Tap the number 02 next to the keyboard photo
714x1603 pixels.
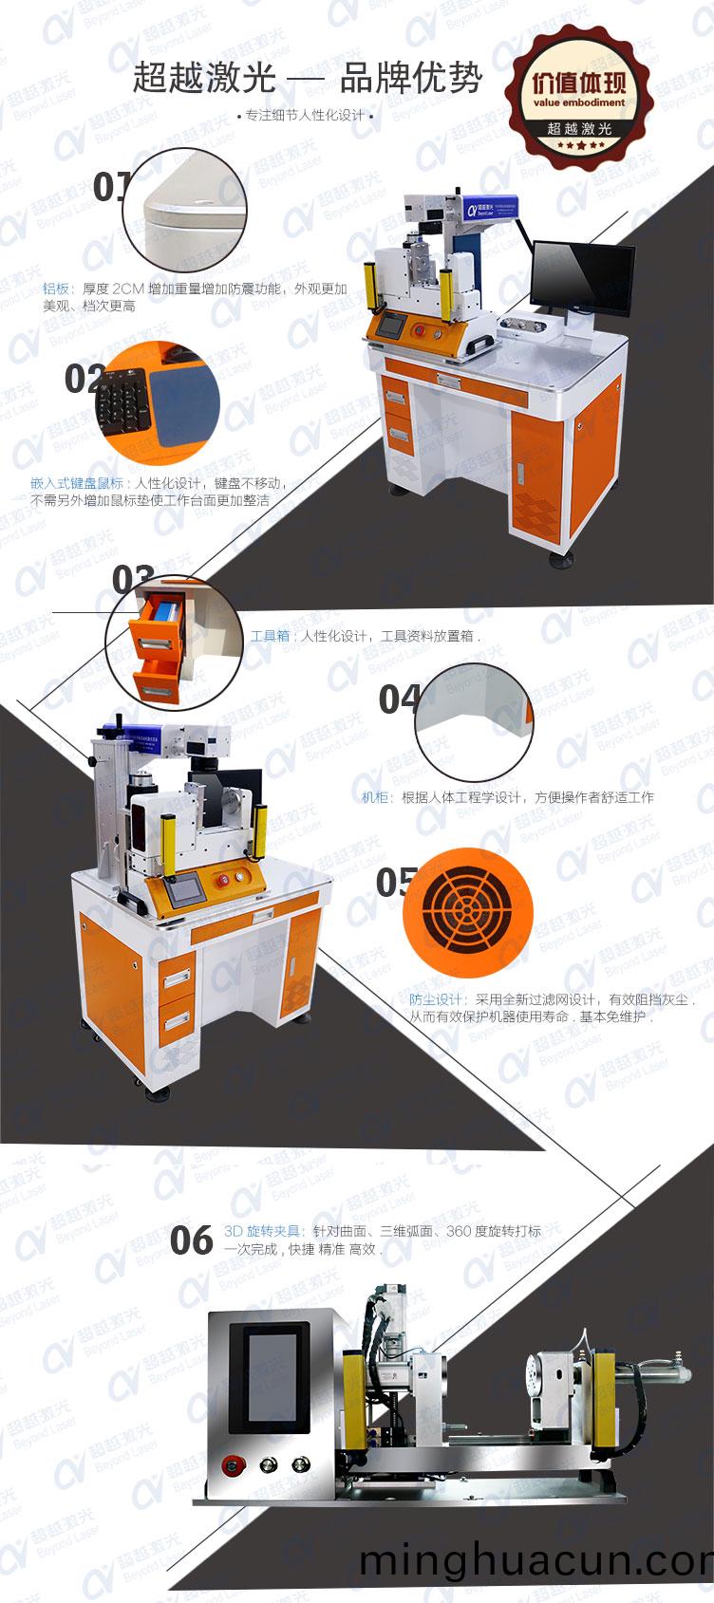pyautogui.click(x=83, y=379)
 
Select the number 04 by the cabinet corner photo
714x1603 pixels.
pyautogui.click(x=398, y=699)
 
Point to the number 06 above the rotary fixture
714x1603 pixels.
pyautogui.click(x=191, y=1240)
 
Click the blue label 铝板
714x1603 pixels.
pyautogui.click(x=56, y=289)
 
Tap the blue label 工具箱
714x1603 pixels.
pyautogui.click(x=270, y=636)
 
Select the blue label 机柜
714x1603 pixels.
pyautogui.click(x=375, y=797)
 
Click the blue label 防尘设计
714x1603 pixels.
pyautogui.click(x=436, y=999)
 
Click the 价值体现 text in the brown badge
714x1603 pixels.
pyautogui.click(x=579, y=82)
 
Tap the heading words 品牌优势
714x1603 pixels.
pyautogui.click(x=410, y=79)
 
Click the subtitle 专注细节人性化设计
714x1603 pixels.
pyautogui.click(x=305, y=116)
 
